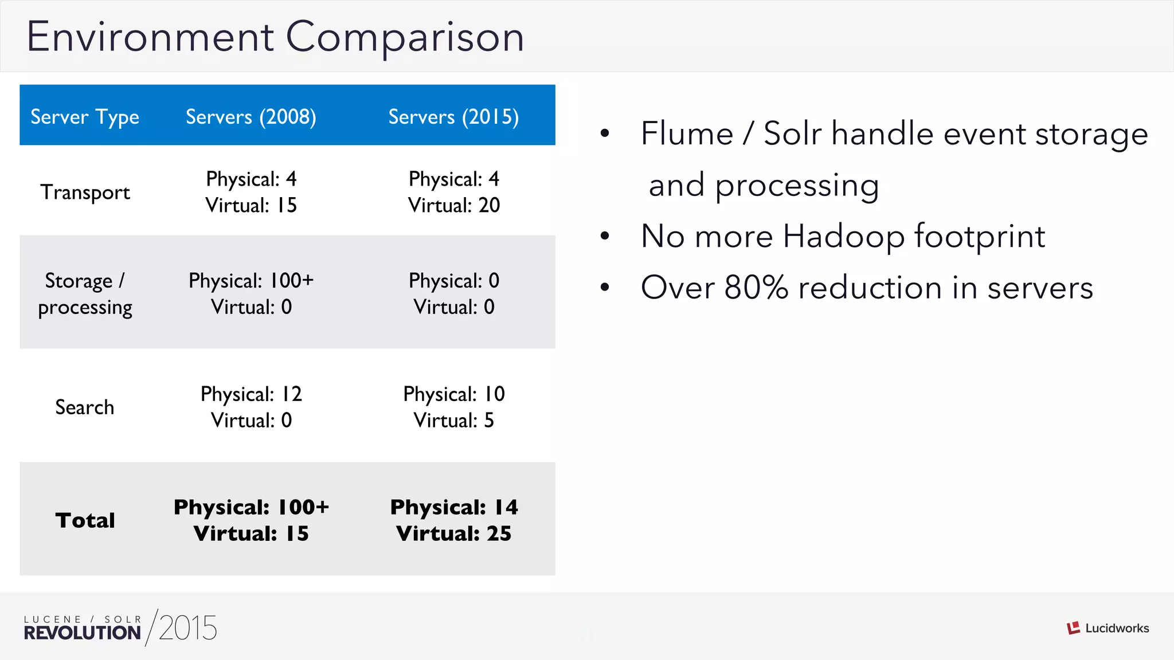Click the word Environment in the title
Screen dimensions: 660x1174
pyautogui.click(x=150, y=37)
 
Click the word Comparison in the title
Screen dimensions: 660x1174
pyautogui.click(x=405, y=37)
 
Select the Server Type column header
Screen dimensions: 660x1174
pyautogui.click(x=85, y=117)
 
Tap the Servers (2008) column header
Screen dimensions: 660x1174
pyautogui.click(x=251, y=117)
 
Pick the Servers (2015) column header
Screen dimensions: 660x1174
pyautogui.click(x=453, y=117)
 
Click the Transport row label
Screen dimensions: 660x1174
pyautogui.click(x=85, y=192)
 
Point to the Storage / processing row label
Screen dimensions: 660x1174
pyautogui.click(x=85, y=294)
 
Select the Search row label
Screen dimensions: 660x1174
pyautogui.click(x=85, y=407)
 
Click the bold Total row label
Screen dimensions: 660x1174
pyautogui.click(x=85, y=520)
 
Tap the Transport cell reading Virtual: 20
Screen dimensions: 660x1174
pyautogui.click(x=453, y=206)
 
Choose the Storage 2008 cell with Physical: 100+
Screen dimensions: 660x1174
pyautogui.click(x=251, y=281)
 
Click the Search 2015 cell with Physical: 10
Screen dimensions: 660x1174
pyautogui.click(x=453, y=394)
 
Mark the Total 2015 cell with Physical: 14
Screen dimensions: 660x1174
pyautogui.click(x=453, y=508)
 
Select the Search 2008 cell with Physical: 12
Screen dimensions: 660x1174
pyautogui.click(x=251, y=394)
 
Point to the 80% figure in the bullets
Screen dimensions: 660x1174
pyautogui.click(x=756, y=288)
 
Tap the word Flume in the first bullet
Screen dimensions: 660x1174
pyautogui.click(x=687, y=134)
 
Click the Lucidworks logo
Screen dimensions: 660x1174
pyautogui.click(x=1108, y=628)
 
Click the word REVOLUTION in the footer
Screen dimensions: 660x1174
pyautogui.click(x=82, y=633)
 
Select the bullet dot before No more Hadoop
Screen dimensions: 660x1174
pyautogui.click(x=605, y=236)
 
